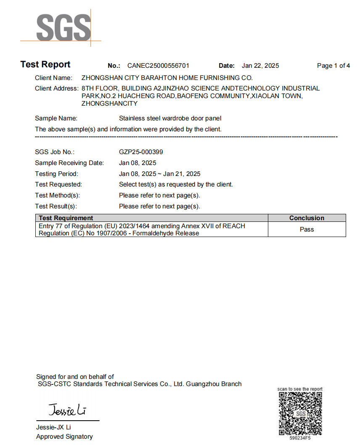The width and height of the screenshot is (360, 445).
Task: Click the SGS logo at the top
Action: click(x=63, y=27)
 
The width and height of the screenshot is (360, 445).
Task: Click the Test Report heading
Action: click(x=45, y=64)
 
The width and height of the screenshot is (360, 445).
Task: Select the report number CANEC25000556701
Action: click(x=158, y=66)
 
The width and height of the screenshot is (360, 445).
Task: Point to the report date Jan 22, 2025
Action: click(x=260, y=66)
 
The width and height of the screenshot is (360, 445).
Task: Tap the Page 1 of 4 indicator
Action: click(x=334, y=66)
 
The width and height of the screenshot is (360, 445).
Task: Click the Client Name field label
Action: click(x=53, y=78)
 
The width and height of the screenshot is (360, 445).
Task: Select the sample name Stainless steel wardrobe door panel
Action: click(x=170, y=118)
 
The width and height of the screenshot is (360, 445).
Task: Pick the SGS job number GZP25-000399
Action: click(x=141, y=152)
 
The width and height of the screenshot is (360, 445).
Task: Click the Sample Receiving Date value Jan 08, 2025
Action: click(x=138, y=163)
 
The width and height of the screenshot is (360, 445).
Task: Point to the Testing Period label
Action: click(x=56, y=174)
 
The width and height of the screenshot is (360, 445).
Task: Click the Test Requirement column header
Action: click(x=66, y=218)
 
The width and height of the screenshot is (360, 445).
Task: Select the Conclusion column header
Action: click(x=307, y=218)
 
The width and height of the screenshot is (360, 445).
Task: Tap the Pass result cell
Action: click(x=307, y=229)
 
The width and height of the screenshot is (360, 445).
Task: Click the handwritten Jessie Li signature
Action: click(x=67, y=409)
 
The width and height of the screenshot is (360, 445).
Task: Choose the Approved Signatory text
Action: click(x=64, y=437)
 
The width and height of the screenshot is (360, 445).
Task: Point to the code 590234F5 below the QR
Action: click(x=300, y=438)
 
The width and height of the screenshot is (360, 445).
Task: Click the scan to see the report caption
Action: click(x=300, y=389)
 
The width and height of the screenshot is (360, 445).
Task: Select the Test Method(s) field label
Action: click(x=57, y=195)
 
